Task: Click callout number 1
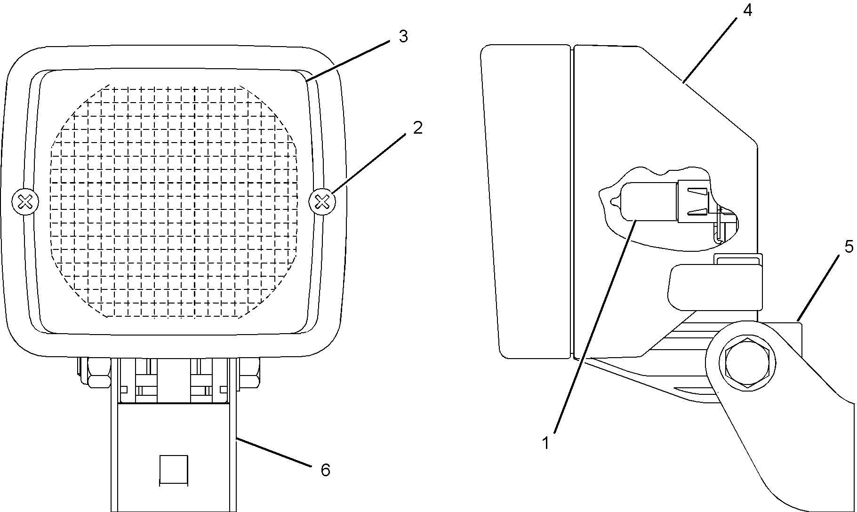coord(546,443)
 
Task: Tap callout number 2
coord(417,128)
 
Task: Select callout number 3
coord(403,37)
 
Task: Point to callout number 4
coord(747,10)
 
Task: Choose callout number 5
coord(849,247)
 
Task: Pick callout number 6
coord(325,470)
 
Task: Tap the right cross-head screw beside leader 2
coord(322,202)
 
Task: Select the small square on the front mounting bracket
coord(174,470)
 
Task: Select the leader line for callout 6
coord(273,452)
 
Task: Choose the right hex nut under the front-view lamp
coord(249,372)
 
